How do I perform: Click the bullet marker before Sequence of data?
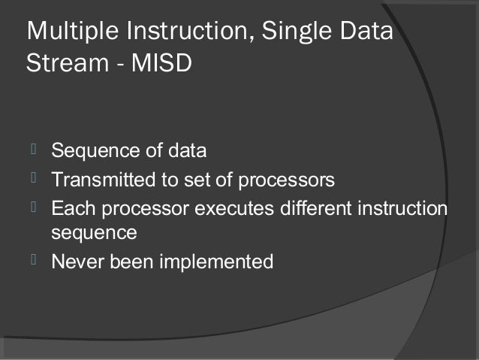(x=33, y=150)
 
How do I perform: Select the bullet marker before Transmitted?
(x=33, y=179)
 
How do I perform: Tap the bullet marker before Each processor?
(x=33, y=206)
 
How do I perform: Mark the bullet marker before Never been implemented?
(x=33, y=261)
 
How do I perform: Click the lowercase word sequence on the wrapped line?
(x=94, y=234)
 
